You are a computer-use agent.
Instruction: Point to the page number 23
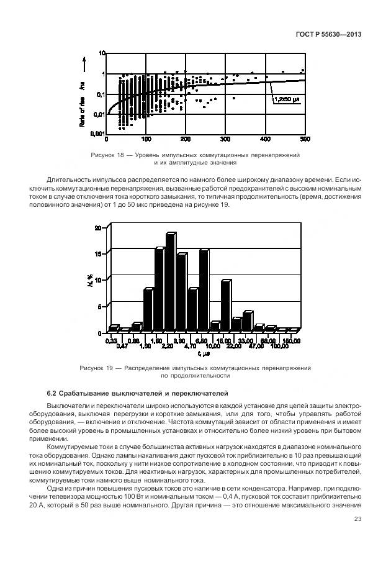tap(357, 520)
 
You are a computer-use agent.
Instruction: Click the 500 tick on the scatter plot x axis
tap(304, 138)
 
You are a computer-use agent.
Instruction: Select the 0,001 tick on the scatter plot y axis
tap(96, 133)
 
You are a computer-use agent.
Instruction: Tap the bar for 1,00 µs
tap(148, 310)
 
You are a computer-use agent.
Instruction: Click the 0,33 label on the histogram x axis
tap(112, 340)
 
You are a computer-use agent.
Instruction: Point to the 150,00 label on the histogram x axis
tap(292, 340)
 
